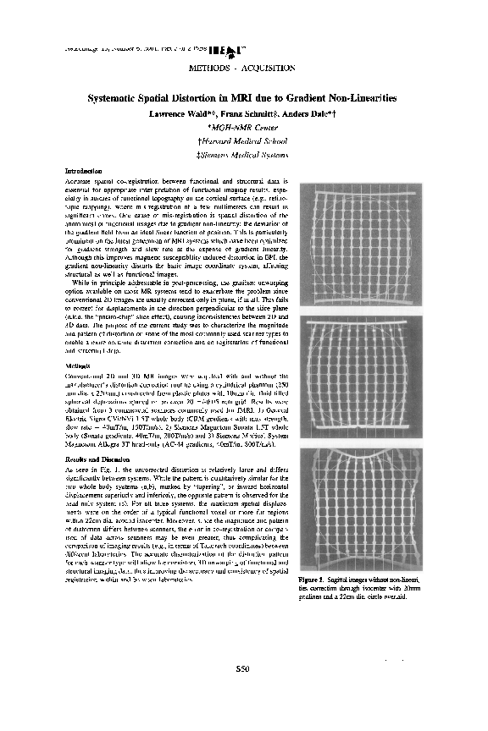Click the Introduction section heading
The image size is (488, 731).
point(83,172)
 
